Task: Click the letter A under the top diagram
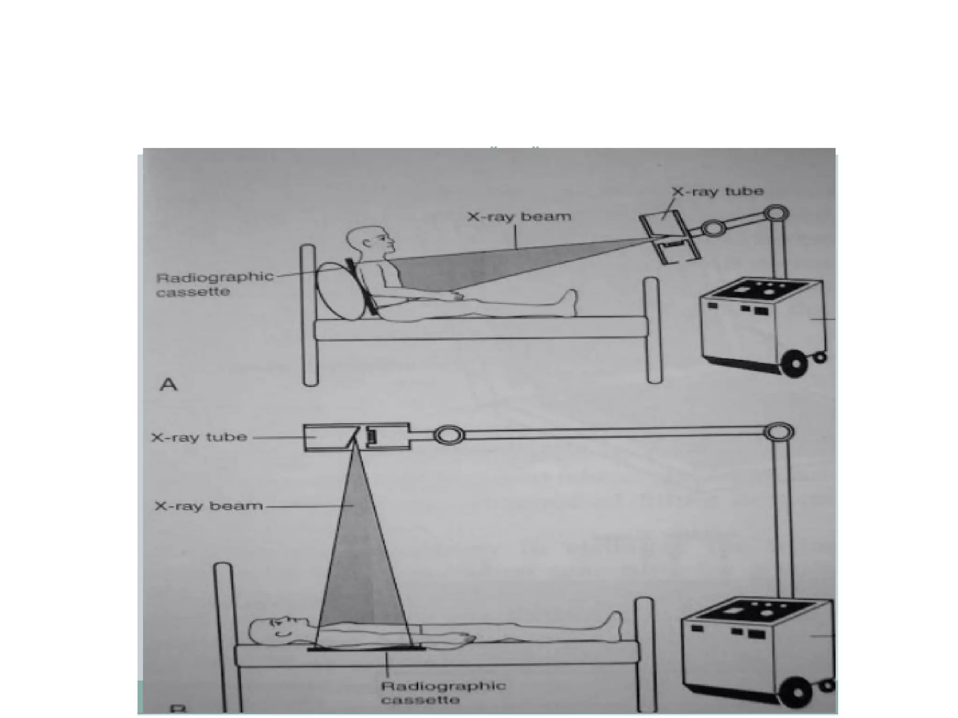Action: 168,384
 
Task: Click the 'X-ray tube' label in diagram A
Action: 718,192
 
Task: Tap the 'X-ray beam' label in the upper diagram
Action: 519,217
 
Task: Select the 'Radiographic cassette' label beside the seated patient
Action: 214,284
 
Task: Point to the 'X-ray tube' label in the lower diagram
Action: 199,437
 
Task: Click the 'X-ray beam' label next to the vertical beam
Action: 209,506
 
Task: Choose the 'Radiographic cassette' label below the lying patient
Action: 443,693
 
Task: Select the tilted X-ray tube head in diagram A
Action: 670,238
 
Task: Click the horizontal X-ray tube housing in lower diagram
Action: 356,437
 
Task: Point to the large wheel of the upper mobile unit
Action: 795,363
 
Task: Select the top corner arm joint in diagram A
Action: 776,214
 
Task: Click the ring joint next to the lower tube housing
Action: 449,435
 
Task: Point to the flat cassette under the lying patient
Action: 366,649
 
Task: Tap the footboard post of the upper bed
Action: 653,330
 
